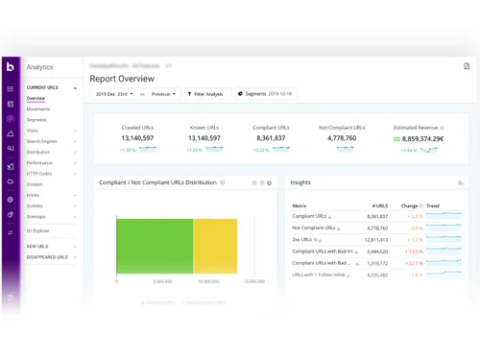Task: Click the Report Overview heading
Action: coord(122,79)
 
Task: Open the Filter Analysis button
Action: coord(204,94)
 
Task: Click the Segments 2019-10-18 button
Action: coord(265,94)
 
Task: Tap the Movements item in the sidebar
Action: coord(38,109)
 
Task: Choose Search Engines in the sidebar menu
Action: coord(42,141)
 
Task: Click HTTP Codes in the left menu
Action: coord(39,174)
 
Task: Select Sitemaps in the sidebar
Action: coord(36,217)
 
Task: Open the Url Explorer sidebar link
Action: coord(38,231)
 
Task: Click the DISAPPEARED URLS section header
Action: coord(47,257)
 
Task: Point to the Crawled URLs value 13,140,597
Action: coord(138,138)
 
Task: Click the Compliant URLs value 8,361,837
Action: coord(272,138)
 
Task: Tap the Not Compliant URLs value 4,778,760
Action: coord(342,138)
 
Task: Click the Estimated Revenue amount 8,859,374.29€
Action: coord(422,139)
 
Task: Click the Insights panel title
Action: coord(300,182)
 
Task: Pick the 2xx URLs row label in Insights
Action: coord(302,240)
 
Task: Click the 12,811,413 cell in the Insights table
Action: coord(377,240)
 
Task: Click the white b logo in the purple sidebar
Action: coord(11,66)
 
